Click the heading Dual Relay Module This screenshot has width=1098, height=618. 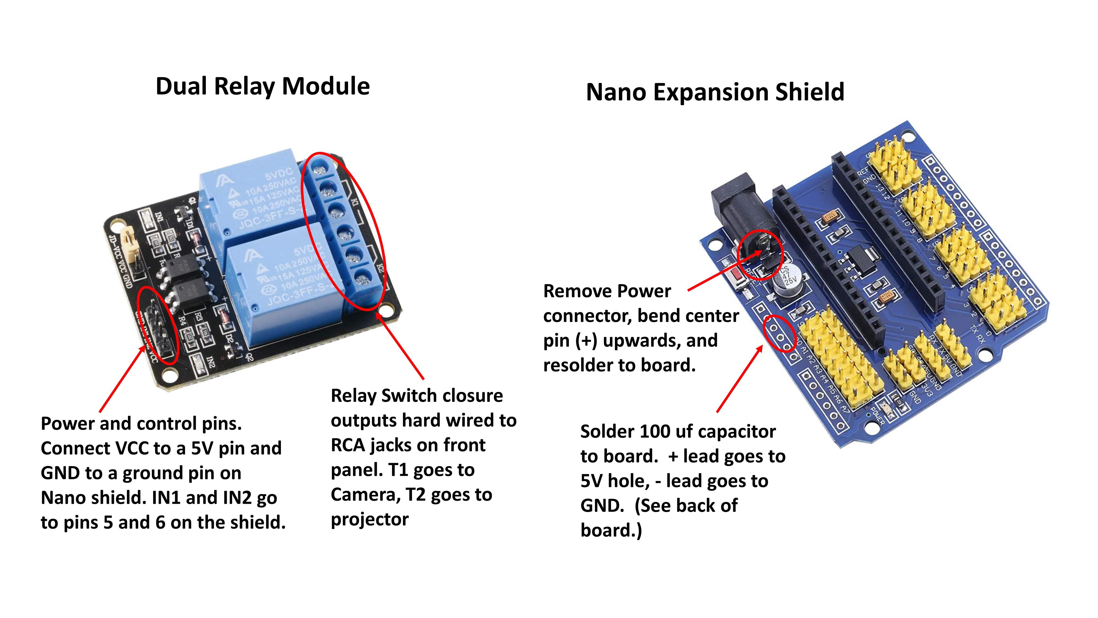[263, 87]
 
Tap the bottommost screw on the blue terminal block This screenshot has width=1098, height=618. [362, 280]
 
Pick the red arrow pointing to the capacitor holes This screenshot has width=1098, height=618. [740, 379]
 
